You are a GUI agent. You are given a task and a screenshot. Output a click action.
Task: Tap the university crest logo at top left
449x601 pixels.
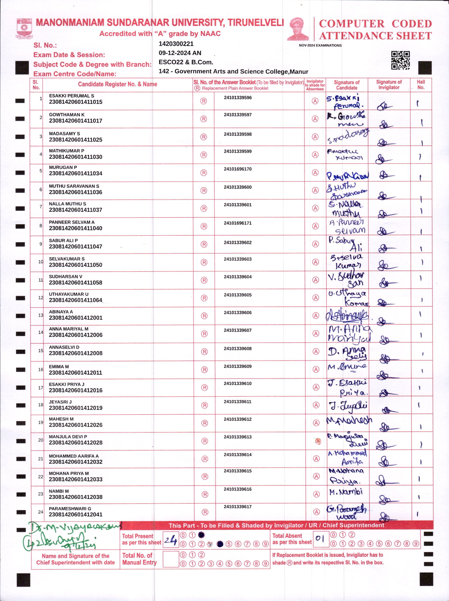[x=24, y=28]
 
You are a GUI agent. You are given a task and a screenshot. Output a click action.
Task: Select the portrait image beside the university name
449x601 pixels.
[x=298, y=29]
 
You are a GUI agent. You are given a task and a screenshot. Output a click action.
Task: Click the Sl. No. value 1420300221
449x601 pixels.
[x=176, y=44]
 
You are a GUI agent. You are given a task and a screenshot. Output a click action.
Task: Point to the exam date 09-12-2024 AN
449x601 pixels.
[x=180, y=53]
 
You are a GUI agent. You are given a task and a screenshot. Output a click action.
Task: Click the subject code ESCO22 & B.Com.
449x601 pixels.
[x=186, y=62]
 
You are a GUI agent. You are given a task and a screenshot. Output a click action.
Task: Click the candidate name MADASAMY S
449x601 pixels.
[x=64, y=134]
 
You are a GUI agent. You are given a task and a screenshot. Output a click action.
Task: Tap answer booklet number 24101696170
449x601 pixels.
[x=238, y=169]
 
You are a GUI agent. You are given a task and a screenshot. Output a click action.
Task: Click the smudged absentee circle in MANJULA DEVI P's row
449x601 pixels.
[x=317, y=441]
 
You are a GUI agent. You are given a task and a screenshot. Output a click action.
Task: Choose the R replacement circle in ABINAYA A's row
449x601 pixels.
[x=204, y=316]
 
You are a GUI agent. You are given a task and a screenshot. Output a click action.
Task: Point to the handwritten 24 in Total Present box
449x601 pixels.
[x=171, y=540]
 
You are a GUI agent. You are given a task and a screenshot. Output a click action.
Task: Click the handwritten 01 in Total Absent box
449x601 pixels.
[x=320, y=538]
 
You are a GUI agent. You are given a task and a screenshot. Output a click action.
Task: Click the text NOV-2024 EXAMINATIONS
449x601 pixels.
[x=320, y=45]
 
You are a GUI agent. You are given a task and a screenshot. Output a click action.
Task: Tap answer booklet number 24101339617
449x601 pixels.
[x=238, y=507]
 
